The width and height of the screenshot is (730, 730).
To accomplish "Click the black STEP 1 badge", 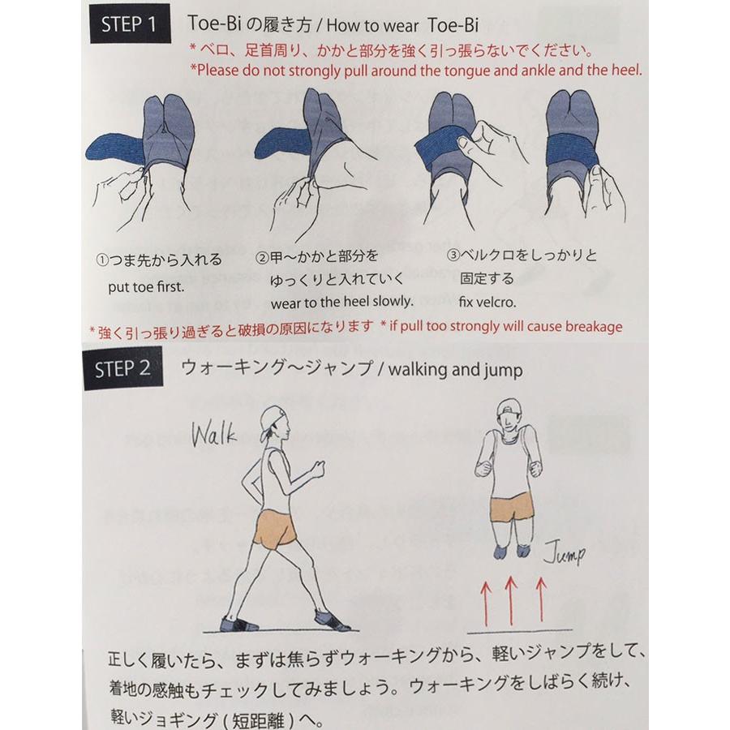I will click(129, 24).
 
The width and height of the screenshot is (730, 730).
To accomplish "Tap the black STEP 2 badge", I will click(122, 368).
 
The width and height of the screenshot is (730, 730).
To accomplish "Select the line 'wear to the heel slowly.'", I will click(334, 302).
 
